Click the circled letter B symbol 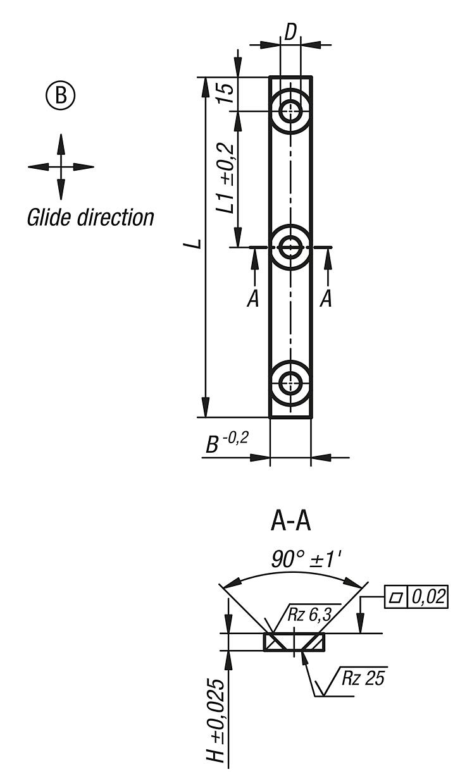point(61,96)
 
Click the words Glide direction point(90,218)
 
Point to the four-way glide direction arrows point(61,167)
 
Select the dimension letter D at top point(290,34)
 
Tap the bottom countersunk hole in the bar point(290,383)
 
